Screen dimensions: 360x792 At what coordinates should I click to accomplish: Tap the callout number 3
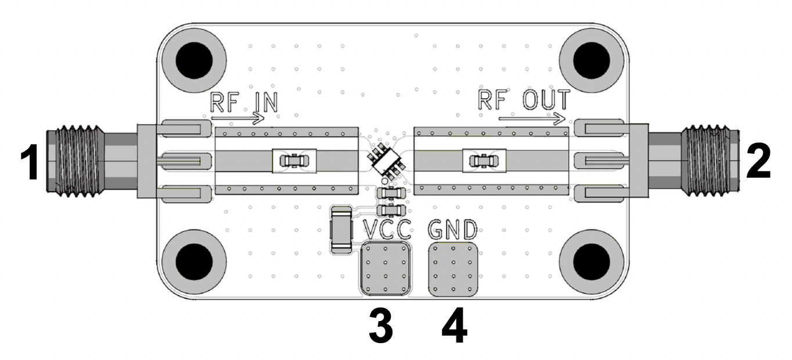pos(381,327)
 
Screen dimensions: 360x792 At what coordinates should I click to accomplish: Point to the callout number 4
pos(454,327)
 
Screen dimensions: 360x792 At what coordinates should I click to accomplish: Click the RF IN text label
pos(244,103)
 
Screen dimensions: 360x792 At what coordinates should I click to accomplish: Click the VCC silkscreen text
pos(388,230)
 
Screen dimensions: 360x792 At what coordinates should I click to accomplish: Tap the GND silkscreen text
pos(453,230)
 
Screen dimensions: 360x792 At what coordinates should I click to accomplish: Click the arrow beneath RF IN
pos(238,120)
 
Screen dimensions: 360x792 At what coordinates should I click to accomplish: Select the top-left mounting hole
pos(195,60)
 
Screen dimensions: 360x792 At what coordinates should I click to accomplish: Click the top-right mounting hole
pos(592,58)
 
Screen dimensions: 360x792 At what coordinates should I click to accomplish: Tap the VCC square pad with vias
pos(384,269)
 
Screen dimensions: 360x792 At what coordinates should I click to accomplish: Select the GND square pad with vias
pos(453,269)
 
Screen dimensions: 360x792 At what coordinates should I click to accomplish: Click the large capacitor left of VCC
pos(341,230)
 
